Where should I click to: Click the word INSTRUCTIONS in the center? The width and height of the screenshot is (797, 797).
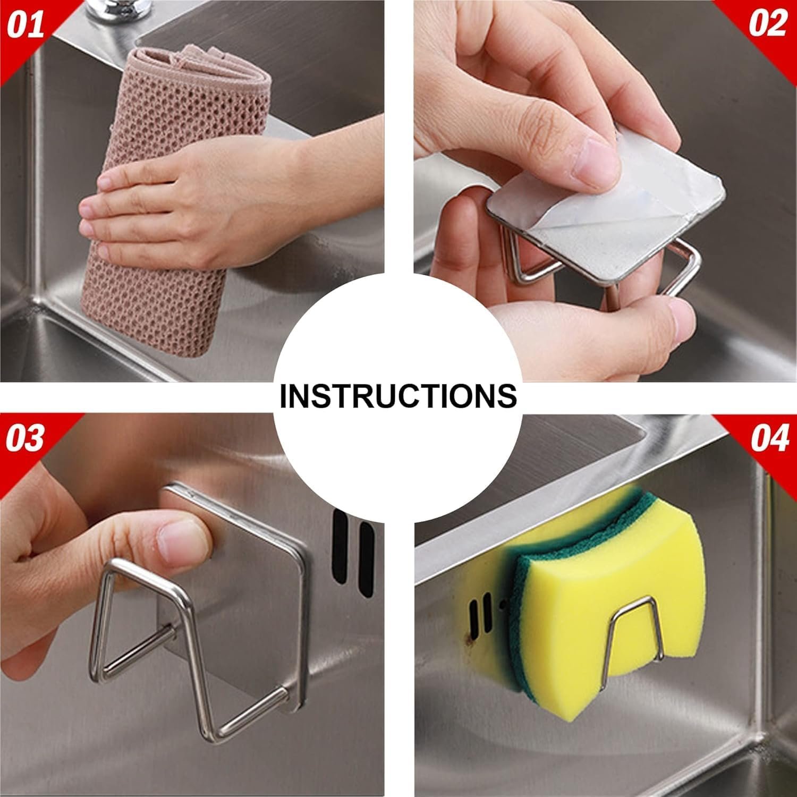398,396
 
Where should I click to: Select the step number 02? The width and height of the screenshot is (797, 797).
768,25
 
